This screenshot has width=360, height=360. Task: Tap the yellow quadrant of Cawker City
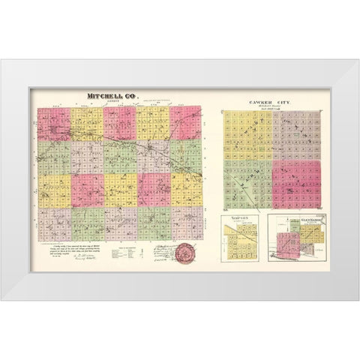click(x=246, y=135)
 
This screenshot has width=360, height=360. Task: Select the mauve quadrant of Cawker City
click(x=299, y=135)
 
